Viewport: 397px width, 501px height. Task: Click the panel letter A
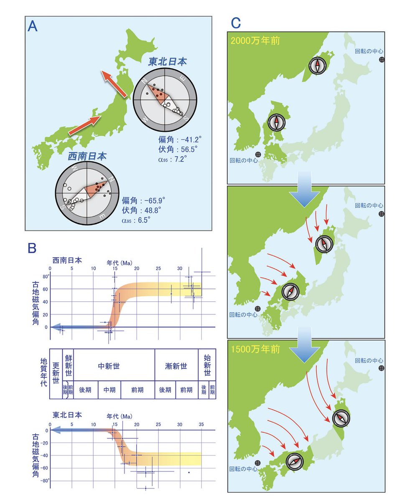tap(33, 26)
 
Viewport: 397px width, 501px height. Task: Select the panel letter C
tap(236, 23)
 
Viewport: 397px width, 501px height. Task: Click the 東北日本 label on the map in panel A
tap(167, 62)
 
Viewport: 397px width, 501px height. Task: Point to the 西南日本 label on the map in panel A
tap(87, 157)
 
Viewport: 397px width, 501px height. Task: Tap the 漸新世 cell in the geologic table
tap(176, 366)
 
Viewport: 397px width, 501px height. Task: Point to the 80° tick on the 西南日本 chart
tap(45, 276)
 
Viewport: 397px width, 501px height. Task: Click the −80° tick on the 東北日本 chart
tap(43, 481)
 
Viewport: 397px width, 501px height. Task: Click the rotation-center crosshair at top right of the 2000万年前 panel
tap(382, 60)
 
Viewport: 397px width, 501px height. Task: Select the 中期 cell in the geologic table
tap(109, 390)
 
